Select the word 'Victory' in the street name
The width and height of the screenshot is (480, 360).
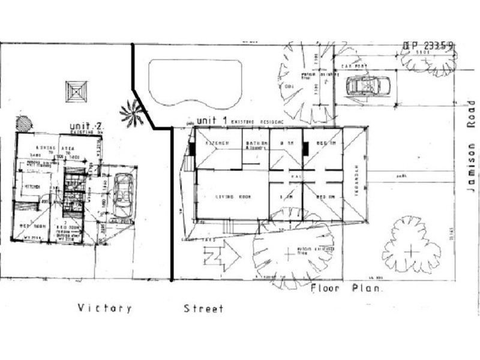pos(104,308)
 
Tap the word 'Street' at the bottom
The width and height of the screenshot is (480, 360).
pos(203,308)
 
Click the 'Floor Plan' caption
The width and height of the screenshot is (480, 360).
pos(347,289)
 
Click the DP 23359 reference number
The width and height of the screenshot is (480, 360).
pos(428,46)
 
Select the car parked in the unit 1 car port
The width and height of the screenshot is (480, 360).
pos(368,86)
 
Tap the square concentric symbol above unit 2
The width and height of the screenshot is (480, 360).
pos(77,92)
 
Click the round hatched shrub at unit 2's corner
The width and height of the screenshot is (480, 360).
pos(24,124)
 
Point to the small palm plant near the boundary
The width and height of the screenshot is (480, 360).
pos(131,112)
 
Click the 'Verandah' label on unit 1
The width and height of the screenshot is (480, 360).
pos(355,178)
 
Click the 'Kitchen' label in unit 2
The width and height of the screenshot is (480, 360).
pos(32,188)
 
